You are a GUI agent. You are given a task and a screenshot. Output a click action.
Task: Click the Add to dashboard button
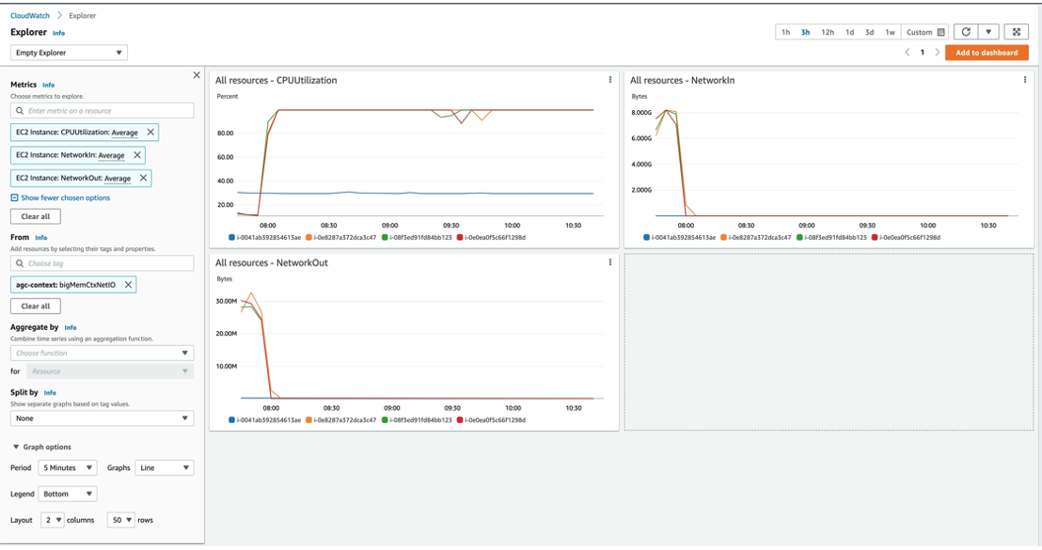pyautogui.click(x=986, y=53)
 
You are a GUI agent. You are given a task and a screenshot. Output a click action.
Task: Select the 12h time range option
pyautogui.click(x=828, y=32)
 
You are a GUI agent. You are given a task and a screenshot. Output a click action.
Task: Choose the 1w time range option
pyautogui.click(x=890, y=32)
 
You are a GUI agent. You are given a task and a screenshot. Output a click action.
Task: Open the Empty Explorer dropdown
pyautogui.click(x=69, y=53)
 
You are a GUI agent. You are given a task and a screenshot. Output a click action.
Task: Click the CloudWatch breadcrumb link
pyautogui.click(x=29, y=16)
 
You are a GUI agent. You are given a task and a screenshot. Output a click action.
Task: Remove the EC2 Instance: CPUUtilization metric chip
pyautogui.click(x=150, y=133)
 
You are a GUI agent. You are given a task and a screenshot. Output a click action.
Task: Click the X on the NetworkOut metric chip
pyautogui.click(x=143, y=178)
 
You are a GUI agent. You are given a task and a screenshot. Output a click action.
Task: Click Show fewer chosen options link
pyautogui.click(x=65, y=198)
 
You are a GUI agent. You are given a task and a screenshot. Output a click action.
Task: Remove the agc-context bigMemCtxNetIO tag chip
pyautogui.click(x=129, y=285)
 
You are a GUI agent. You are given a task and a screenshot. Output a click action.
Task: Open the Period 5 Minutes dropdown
pyautogui.click(x=68, y=467)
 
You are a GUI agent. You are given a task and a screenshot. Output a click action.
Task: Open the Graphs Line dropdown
pyautogui.click(x=164, y=467)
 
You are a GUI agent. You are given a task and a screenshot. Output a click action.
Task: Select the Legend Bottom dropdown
pyautogui.click(x=68, y=494)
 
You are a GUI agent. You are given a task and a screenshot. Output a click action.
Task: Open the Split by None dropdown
pyautogui.click(x=102, y=418)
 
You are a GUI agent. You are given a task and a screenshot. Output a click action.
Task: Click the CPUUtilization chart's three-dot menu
pyautogui.click(x=610, y=80)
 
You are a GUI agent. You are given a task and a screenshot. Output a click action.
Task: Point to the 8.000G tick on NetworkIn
pyautogui.click(x=641, y=113)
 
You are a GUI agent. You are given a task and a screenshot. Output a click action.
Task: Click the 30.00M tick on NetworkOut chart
pyautogui.click(x=227, y=301)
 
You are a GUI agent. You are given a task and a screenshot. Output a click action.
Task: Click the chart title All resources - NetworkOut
pyautogui.click(x=272, y=263)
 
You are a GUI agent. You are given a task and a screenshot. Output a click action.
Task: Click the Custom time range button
pyautogui.click(x=925, y=32)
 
